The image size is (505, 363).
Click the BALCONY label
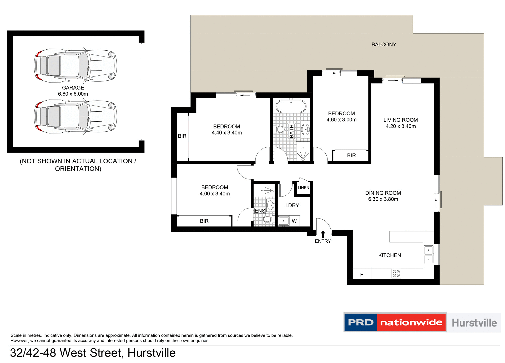coord(383,45)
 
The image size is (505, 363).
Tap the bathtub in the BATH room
coord(291,106)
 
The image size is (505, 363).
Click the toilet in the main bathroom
coord(280,129)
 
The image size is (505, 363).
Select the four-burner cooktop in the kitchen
coord(396,273)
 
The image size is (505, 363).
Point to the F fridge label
coord(362,274)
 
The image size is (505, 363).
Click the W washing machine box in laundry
coord(294,221)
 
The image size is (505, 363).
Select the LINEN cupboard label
coord(303,188)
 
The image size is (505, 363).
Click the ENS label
coord(260,211)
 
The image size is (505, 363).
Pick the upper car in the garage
coord(75,65)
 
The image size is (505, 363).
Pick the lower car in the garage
coord(75,116)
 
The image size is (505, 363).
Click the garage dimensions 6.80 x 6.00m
coord(73,94)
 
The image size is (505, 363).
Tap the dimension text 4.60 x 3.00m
coord(341,120)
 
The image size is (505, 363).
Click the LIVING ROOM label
coord(400,120)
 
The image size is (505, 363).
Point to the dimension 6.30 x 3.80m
coord(383,199)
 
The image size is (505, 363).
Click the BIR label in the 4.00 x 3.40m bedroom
coord(204,221)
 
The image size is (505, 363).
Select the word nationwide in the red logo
coord(411,322)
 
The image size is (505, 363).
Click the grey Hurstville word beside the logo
coord(474,323)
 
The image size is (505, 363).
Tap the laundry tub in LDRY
coord(284,221)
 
